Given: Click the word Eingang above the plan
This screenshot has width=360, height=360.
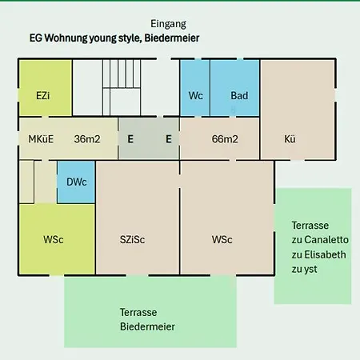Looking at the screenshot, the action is pyautogui.click(x=168, y=24).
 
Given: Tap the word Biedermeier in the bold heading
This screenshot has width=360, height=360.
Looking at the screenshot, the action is pyautogui.click(x=172, y=38).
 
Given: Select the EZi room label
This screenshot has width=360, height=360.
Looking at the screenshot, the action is pyautogui.click(x=43, y=95).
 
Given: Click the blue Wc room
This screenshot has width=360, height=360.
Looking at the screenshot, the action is pyautogui.click(x=195, y=88).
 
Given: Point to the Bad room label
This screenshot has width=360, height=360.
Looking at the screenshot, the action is pyautogui.click(x=239, y=95).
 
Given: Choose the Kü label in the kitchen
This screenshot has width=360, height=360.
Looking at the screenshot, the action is pyautogui.click(x=290, y=138).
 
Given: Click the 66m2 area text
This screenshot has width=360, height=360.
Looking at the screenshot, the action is pyautogui.click(x=225, y=139).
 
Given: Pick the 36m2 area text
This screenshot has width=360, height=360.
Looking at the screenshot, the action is pyautogui.click(x=87, y=139).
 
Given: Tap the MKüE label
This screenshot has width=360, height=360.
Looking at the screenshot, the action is pyautogui.click(x=41, y=139).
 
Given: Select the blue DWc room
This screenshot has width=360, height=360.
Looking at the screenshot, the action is pyautogui.click(x=76, y=182).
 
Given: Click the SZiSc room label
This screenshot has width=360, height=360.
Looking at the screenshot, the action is pyautogui.click(x=132, y=239).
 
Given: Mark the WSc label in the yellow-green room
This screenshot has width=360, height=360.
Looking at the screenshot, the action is pyautogui.click(x=54, y=239).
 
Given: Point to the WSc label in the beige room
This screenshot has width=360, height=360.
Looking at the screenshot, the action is pyautogui.click(x=222, y=239).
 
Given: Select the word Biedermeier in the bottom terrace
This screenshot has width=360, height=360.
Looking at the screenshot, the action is pyautogui.click(x=147, y=326).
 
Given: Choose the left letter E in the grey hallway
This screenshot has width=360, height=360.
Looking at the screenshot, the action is pyautogui.click(x=130, y=139).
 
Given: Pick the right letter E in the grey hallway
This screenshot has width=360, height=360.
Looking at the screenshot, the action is pyautogui.click(x=169, y=139).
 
